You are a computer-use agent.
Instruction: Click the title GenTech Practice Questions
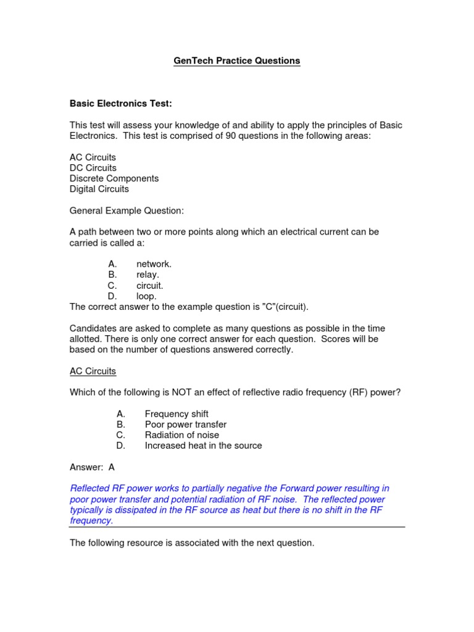click(x=237, y=60)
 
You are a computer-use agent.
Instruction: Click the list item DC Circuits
click(x=93, y=168)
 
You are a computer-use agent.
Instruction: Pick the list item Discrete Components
click(x=114, y=178)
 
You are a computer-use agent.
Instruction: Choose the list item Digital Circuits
click(x=99, y=189)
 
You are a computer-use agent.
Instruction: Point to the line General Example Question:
click(x=127, y=210)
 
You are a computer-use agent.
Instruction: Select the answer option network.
click(x=154, y=264)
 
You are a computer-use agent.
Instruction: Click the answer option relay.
click(x=148, y=275)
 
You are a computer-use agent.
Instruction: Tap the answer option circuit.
click(x=149, y=286)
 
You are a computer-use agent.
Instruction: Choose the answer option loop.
click(x=146, y=296)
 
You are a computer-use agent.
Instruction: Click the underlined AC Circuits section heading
click(x=93, y=371)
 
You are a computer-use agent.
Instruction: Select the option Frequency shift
click(x=177, y=414)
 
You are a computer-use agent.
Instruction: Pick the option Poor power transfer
click(x=185, y=424)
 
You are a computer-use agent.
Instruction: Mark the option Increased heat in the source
click(x=203, y=446)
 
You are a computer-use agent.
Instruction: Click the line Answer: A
click(x=93, y=467)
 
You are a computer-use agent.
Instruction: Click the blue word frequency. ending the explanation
click(x=91, y=520)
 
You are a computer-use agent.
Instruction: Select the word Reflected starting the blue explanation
click(x=91, y=488)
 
